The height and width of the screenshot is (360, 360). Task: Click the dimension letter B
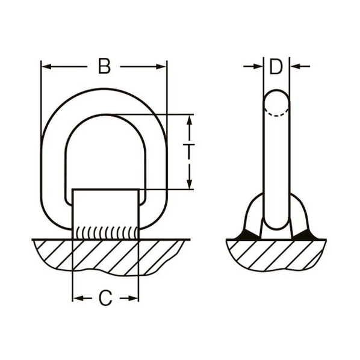(x=105, y=66)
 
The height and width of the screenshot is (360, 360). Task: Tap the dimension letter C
(x=105, y=298)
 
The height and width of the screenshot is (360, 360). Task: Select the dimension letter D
(x=276, y=67)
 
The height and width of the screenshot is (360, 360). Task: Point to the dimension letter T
(x=188, y=152)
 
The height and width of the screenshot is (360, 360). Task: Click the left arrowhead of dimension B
(x=46, y=67)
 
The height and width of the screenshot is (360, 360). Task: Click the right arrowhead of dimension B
(x=161, y=67)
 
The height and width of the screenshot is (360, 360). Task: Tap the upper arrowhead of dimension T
(x=189, y=120)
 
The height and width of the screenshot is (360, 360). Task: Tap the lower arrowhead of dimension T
(x=189, y=184)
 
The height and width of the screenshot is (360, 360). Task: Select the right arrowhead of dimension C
(x=133, y=299)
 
